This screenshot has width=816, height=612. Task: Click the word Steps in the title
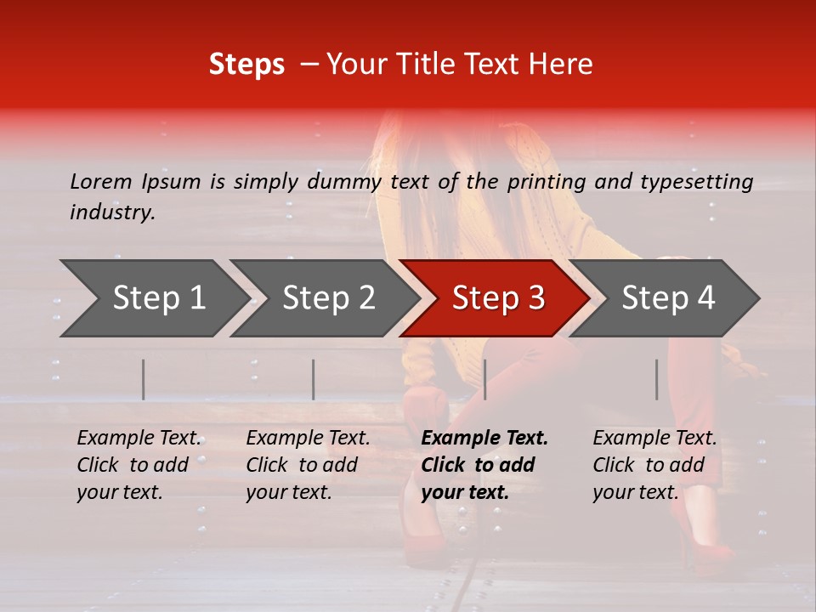(246, 65)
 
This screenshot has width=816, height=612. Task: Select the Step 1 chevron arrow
(153, 298)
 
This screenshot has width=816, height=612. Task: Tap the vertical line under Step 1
(144, 379)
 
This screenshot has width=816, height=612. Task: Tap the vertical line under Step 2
(314, 379)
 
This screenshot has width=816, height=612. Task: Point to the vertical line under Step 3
(484, 379)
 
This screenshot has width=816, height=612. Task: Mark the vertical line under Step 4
(657, 379)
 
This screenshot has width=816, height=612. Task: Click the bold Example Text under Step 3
(484, 465)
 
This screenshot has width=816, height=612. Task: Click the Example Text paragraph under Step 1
(139, 465)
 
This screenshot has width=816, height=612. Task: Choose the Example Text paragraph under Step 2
(308, 465)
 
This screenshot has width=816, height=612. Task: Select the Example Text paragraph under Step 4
(654, 465)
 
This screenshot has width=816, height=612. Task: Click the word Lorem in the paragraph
(101, 181)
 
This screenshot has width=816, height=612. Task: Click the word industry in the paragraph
(111, 212)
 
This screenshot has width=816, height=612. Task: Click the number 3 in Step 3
(535, 298)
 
